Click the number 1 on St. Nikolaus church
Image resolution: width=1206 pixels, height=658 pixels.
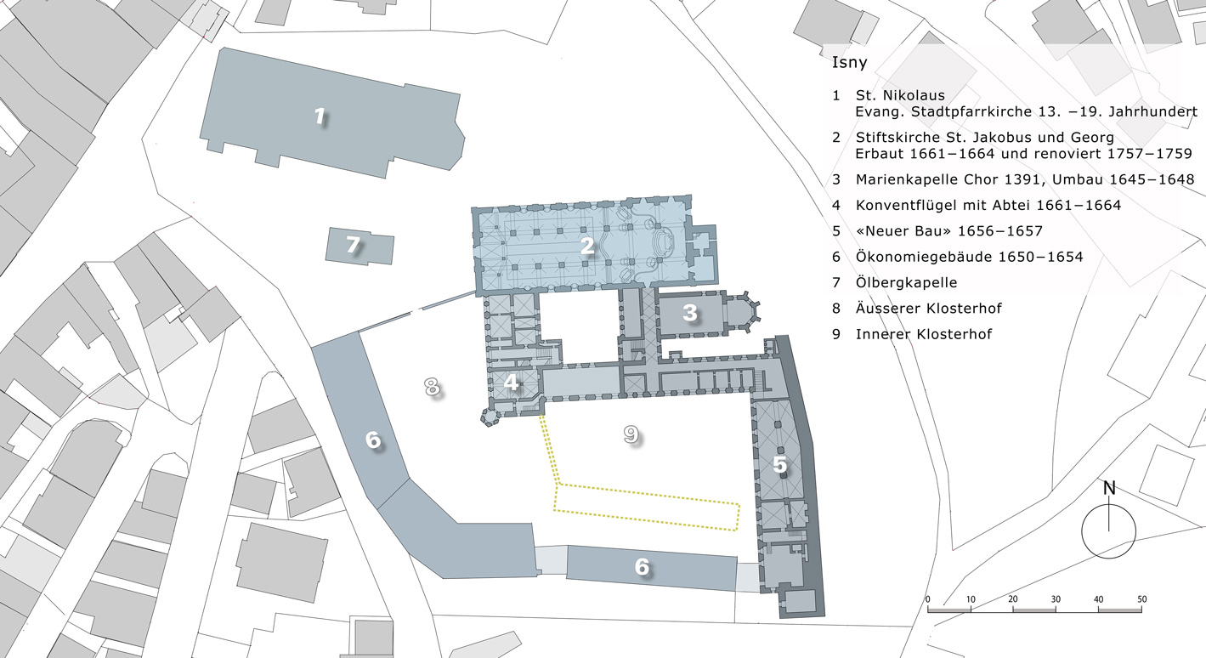320,116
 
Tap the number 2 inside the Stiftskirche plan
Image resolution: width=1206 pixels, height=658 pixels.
587,246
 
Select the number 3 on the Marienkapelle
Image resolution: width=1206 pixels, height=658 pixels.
689,313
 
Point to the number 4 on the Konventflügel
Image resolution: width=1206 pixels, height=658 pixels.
511,383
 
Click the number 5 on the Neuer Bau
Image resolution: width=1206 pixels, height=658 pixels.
779,464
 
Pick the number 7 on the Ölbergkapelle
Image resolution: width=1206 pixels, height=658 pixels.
353,245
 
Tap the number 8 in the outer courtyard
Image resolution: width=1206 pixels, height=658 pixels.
432,387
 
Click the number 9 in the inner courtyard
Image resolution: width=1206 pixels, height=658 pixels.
631,434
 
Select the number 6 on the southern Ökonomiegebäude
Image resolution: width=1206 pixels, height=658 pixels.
642,566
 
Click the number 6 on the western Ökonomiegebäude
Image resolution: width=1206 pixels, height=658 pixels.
373,440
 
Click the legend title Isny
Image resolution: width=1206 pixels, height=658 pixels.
850,62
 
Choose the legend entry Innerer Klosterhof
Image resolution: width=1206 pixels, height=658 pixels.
924,334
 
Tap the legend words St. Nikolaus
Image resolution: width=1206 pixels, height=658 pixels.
900,95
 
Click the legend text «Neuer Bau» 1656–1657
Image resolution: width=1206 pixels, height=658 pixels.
949,231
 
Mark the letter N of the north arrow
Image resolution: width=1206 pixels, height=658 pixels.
1109,488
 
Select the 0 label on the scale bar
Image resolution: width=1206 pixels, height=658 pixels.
927,599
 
